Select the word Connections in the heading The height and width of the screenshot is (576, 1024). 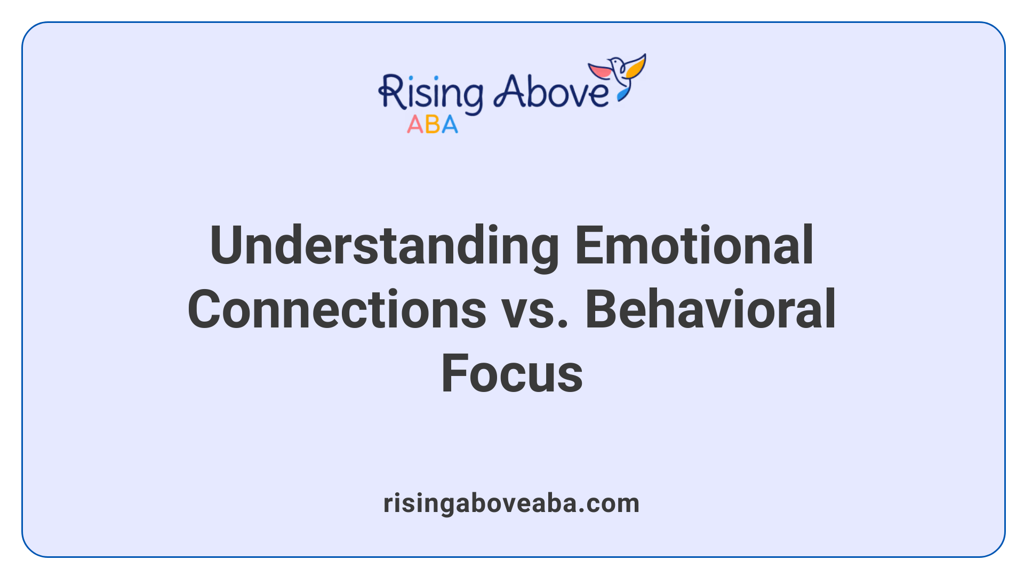[337, 309]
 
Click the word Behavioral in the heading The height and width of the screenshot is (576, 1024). [710, 309]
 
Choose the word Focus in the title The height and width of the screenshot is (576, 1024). [511, 373]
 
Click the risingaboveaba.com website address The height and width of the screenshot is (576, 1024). [511, 503]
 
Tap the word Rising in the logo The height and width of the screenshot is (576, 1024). [431, 93]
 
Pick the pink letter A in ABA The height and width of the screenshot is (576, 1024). [415, 125]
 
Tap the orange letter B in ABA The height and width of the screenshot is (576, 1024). [433, 125]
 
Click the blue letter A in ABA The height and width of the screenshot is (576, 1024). [450, 125]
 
